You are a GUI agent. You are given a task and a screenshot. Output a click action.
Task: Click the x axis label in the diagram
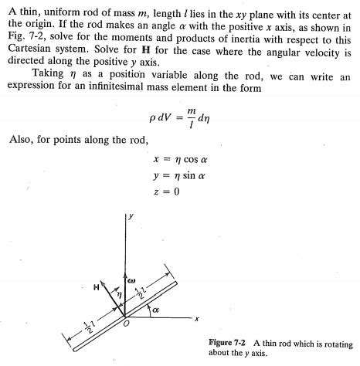click(197, 320)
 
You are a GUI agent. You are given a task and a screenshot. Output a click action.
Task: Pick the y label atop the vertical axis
click(131, 217)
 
